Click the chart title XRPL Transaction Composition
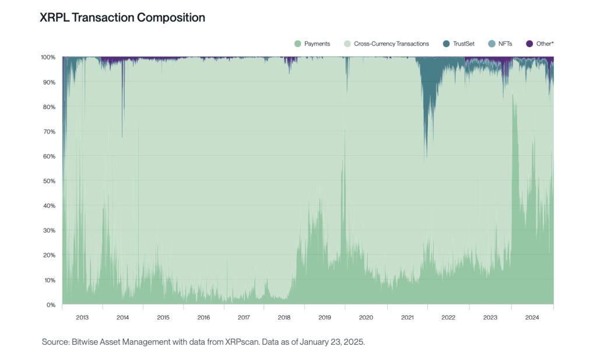[x=122, y=18]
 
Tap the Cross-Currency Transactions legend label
[x=391, y=44]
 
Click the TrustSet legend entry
[x=463, y=44]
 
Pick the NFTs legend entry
[x=505, y=44]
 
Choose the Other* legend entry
[x=545, y=44]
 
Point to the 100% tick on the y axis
[x=48, y=57]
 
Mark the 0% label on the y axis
[x=51, y=305]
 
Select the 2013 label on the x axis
[x=82, y=318]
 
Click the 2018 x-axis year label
[x=285, y=318]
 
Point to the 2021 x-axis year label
[x=407, y=318]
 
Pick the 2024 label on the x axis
[x=532, y=318]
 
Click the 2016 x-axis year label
[x=203, y=318]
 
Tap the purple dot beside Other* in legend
[x=529, y=44]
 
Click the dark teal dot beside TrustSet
[x=446, y=44]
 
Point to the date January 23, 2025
[x=331, y=342]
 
